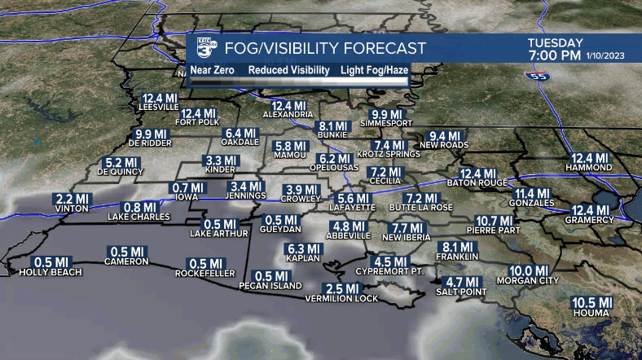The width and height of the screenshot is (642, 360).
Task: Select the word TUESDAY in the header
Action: (555, 43)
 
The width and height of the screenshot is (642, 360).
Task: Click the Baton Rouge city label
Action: (477, 184)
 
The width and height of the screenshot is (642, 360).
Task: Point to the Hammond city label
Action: (591, 168)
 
